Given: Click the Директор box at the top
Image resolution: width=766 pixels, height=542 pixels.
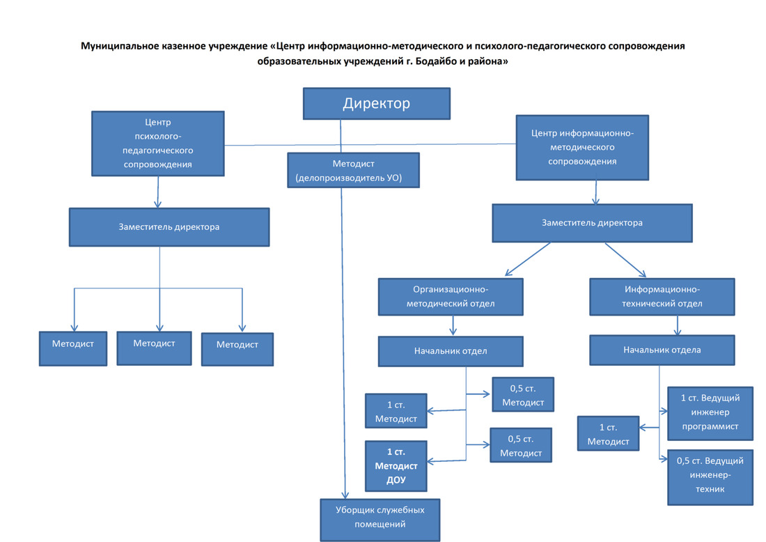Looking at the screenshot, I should pos(376,104).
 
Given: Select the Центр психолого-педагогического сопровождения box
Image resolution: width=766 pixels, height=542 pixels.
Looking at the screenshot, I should pos(158,144).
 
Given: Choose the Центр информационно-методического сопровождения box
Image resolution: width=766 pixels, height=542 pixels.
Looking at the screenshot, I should pos(582,146).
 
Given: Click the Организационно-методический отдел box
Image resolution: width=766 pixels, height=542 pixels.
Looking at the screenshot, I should pos(451,296).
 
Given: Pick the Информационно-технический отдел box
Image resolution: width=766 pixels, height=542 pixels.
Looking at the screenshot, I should pos(662,296).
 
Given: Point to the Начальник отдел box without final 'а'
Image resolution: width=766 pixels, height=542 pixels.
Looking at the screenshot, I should pos(451,351).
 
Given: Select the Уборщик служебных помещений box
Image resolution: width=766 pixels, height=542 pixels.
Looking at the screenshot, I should pos(380,518).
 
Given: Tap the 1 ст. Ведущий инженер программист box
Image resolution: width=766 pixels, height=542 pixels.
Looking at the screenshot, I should pos(710,412).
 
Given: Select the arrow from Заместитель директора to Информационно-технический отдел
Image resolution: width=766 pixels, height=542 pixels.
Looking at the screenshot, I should pos(626,261).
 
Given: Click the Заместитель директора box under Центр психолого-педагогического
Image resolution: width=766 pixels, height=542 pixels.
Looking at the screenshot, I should pos(169,226).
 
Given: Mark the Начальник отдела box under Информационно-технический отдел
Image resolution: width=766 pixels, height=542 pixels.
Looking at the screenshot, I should pos(662,350).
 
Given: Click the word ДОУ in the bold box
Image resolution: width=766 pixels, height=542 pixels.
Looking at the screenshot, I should pos(396,479).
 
